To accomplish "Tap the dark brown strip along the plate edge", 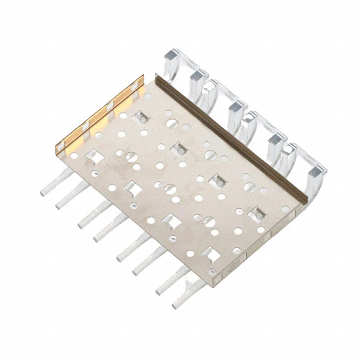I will point(225,135).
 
